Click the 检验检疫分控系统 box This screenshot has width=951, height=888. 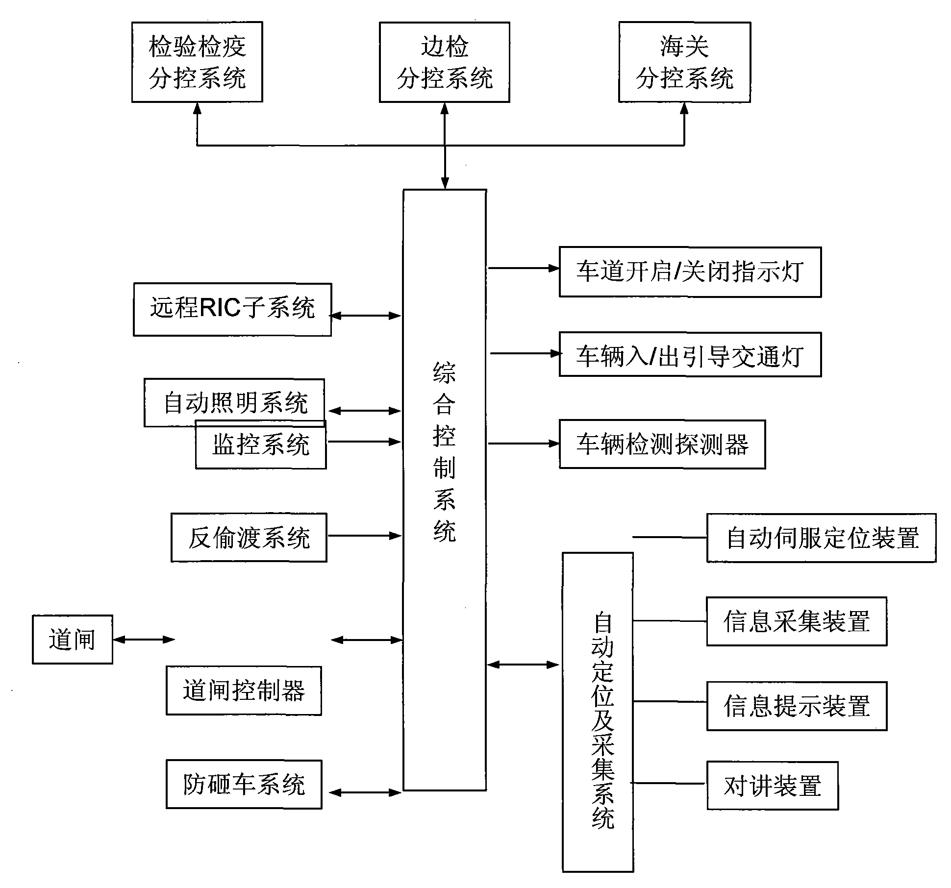tap(197, 62)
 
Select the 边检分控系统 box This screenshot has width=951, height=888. tap(444, 62)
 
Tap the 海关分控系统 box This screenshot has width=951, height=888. tap(684, 62)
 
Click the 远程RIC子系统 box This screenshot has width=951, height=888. tap(232, 309)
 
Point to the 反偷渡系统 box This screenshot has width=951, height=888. tap(249, 538)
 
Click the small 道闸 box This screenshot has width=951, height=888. tap(73, 640)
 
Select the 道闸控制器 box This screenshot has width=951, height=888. tap(244, 691)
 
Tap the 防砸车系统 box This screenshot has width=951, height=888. tap(244, 784)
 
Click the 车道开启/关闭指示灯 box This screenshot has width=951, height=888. tap(690, 272)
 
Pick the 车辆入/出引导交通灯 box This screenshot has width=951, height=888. tap(690, 355)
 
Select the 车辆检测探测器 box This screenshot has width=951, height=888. tap(662, 444)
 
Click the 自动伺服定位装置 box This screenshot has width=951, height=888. tap(821, 538)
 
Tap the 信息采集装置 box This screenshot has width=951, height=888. tap(797, 621)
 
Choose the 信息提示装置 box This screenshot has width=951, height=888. tap(797, 706)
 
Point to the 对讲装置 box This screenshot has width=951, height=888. tap(772, 786)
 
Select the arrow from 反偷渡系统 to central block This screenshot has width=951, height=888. tap(364, 536)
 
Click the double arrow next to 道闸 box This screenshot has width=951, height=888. tap(144, 639)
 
